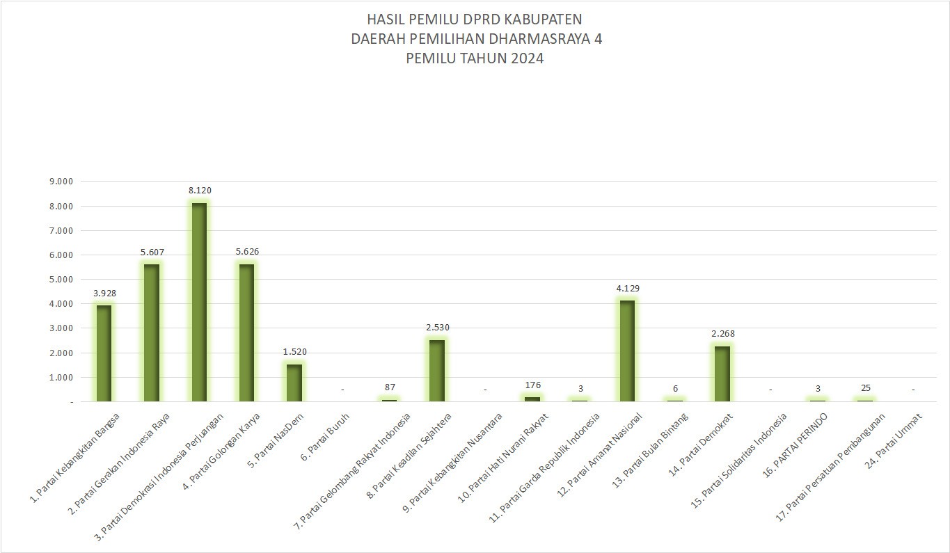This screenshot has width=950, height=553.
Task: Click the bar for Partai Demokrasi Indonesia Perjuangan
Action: (199, 302)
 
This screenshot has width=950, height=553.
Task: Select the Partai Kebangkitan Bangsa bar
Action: (104, 353)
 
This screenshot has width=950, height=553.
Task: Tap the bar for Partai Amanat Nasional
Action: (627, 351)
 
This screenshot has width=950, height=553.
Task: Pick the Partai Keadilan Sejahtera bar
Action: (437, 370)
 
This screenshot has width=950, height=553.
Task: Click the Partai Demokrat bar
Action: (722, 374)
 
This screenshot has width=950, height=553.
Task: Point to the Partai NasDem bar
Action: (294, 383)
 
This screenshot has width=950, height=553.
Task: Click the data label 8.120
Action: (200, 190)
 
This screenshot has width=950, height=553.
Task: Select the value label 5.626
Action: (247, 251)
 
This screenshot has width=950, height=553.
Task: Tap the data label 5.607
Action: (152, 252)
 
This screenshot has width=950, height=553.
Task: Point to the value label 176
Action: (533, 385)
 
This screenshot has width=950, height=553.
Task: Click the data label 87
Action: (390, 387)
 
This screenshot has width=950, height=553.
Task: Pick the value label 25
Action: (865, 387)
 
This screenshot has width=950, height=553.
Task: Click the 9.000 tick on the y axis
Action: (61, 182)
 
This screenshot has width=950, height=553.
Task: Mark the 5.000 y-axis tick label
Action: (61, 280)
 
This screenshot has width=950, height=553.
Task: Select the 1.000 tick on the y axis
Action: (61, 378)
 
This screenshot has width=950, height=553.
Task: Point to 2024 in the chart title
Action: (527, 58)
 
